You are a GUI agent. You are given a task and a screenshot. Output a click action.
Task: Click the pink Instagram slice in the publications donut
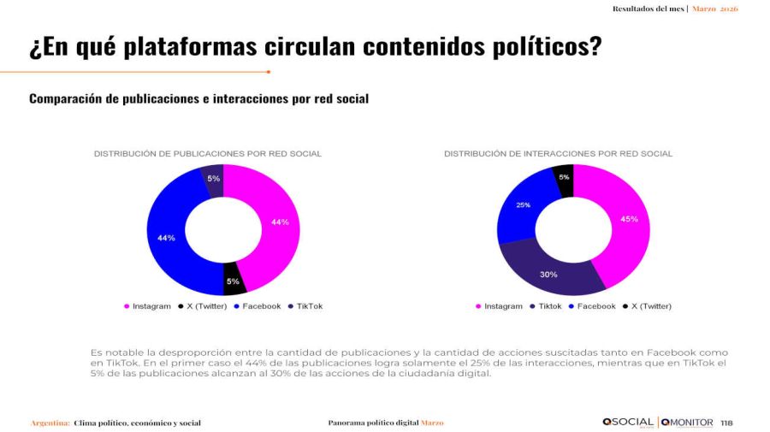281,222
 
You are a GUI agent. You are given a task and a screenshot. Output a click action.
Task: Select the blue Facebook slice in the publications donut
166,237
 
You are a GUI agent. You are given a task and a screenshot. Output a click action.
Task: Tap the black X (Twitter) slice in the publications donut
233,281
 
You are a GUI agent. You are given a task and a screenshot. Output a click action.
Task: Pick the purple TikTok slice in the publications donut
212,178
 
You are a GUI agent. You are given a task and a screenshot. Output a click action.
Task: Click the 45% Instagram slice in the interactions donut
630,220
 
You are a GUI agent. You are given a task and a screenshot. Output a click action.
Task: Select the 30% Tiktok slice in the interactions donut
548,275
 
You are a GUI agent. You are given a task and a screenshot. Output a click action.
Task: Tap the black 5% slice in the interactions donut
564,177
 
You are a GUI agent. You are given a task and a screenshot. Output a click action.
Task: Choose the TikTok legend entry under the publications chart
309,306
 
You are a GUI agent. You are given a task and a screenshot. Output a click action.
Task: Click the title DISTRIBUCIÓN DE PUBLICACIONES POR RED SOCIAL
207,154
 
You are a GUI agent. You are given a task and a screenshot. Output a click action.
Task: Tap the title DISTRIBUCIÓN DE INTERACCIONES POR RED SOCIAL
558,154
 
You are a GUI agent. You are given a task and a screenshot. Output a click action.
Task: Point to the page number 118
727,423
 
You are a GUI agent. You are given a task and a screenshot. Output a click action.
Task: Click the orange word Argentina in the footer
50,423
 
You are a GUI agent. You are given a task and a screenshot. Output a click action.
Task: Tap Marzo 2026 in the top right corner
715,9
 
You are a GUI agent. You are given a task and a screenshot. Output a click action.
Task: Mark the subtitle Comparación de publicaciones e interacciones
198,99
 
